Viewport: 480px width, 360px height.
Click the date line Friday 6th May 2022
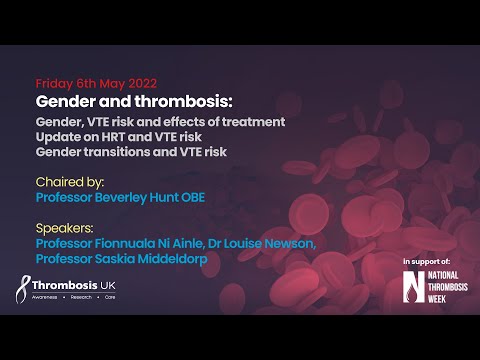point(96,84)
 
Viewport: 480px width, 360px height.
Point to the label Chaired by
point(71,183)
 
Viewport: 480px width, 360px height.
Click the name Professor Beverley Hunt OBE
point(121,198)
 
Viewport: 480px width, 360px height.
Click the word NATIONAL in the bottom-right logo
point(445,274)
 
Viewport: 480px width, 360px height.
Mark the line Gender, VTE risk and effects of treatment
point(160,121)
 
